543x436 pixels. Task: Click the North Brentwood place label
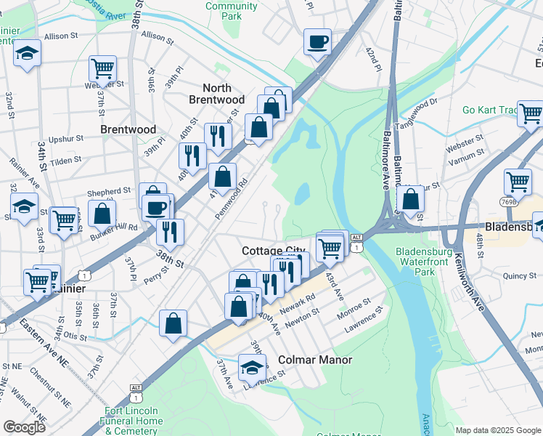[216, 94]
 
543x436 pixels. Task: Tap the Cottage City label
[274, 250]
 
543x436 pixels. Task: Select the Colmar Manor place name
[315, 360]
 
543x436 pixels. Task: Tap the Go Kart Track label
[490, 110]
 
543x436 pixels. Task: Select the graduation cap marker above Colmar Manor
[252, 368]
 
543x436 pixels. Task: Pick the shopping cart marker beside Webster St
[103, 69]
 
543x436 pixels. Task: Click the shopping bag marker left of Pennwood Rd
[222, 176]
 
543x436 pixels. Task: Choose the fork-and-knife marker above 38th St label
[171, 231]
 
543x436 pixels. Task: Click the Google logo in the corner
[25, 427]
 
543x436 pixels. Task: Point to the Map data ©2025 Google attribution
[498, 430]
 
